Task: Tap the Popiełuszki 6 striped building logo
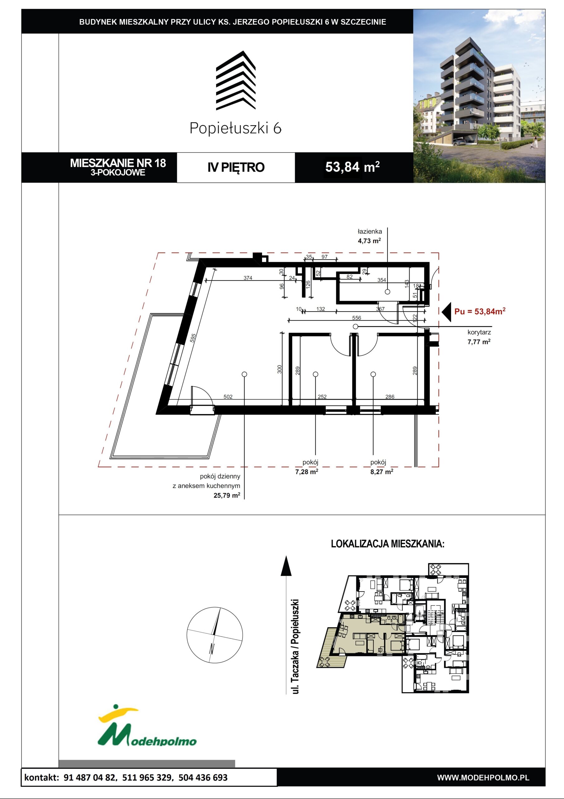point(236,81)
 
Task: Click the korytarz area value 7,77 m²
point(479,342)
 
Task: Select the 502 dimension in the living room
point(228,397)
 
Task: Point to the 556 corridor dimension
point(357,318)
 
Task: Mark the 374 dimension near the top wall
point(248,278)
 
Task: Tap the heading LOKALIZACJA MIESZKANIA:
point(387,544)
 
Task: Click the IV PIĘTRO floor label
point(236,167)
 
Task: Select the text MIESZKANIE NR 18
point(118,163)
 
